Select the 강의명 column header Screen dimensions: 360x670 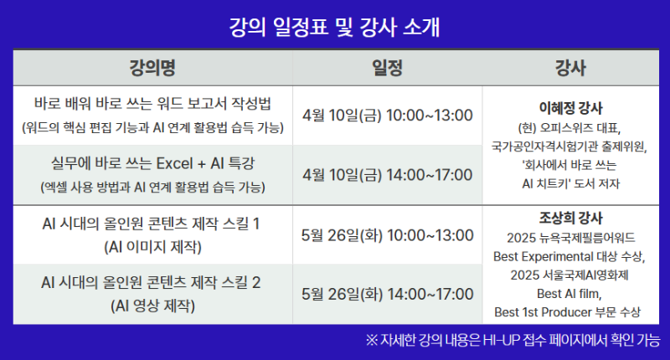click(x=152, y=67)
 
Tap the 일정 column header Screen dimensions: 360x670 click(x=387, y=67)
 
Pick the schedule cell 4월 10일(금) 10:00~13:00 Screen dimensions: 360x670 click(x=387, y=115)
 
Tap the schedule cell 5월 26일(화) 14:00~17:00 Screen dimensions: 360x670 click(x=387, y=294)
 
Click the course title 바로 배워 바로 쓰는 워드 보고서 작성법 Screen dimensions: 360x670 click(x=152, y=106)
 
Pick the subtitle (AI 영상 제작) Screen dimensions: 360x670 click(x=152, y=306)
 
